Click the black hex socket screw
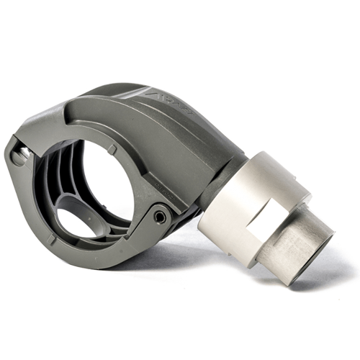pyautogui.click(x=160, y=215)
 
